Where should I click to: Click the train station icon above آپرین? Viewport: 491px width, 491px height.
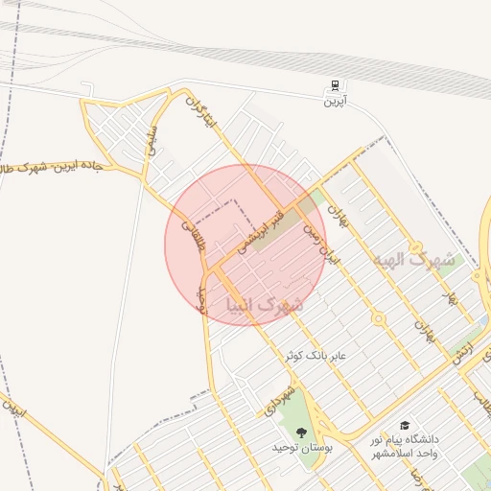pyautogui.click(x=334, y=86)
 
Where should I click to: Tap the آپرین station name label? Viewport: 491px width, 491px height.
pyautogui.click(x=334, y=101)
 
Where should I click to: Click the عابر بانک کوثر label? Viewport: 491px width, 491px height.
pyautogui.click(x=319, y=356)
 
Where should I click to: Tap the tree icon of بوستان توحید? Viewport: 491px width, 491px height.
pyautogui.click(x=302, y=433)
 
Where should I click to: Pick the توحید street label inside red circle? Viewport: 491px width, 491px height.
pyautogui.click(x=201, y=298)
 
